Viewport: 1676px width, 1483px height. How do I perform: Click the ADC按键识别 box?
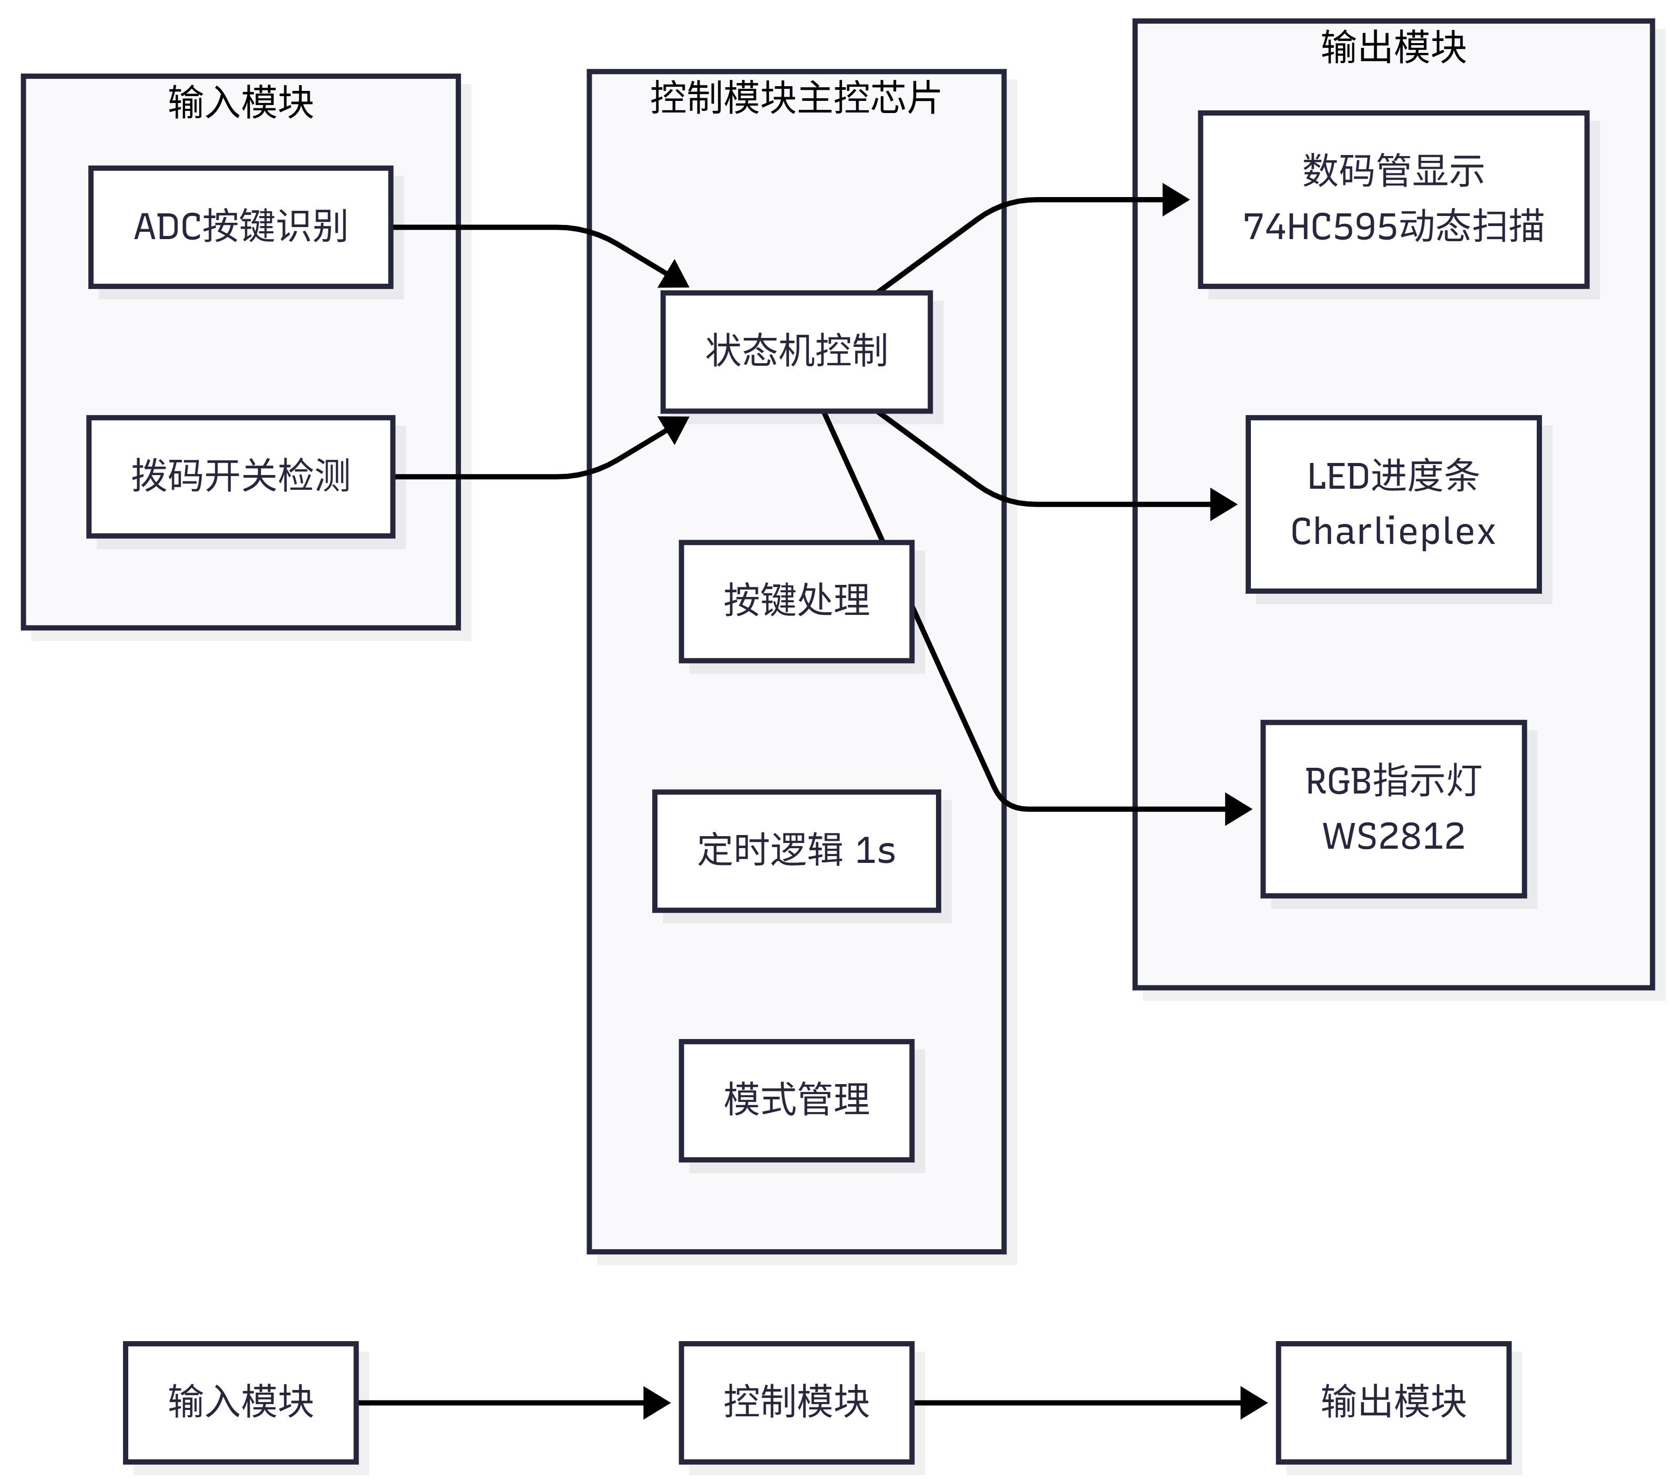click(240, 227)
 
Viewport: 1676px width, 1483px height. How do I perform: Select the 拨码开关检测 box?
click(240, 476)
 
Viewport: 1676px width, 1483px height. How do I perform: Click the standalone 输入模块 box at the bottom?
click(240, 1403)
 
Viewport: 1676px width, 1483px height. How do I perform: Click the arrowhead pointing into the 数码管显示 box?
click(1177, 199)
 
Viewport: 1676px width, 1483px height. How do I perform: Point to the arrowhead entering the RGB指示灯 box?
click(1239, 809)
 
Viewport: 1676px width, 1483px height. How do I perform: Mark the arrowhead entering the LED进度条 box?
click(1224, 504)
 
